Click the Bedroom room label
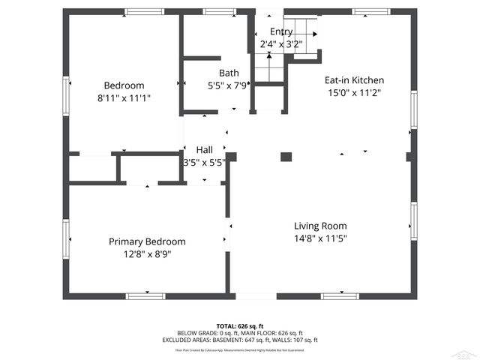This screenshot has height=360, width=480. point(124,85)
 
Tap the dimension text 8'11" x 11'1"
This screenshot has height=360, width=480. point(124,97)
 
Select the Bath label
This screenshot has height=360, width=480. point(229,73)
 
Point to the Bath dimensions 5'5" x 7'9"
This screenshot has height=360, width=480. point(229,85)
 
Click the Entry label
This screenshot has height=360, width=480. point(281,31)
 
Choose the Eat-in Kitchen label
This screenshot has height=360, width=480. point(354,80)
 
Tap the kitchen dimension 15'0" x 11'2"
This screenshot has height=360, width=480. point(354,93)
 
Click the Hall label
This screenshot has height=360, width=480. point(204,149)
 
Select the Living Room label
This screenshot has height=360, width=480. point(320,226)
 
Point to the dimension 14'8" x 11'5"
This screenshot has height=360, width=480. point(320,238)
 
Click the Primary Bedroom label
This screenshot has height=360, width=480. point(147,241)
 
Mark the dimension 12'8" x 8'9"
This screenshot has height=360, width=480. point(147,254)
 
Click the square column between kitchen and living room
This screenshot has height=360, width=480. point(286,157)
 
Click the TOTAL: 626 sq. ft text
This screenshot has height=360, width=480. point(240,326)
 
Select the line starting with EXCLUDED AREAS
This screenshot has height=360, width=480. point(240,340)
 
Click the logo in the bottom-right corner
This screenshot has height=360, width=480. point(467,353)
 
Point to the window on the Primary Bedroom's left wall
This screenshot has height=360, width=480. point(67,238)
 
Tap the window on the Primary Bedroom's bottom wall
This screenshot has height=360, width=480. point(145,296)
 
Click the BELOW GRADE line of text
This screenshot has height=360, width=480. point(240,333)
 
